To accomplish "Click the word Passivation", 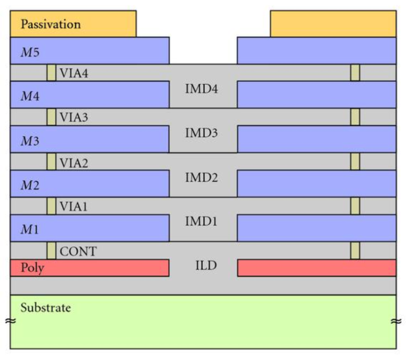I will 51,24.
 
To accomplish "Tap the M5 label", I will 29,51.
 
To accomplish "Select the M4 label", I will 29,95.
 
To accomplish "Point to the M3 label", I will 29,140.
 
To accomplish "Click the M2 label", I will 29,184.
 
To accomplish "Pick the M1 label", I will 29,229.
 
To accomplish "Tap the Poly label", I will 32,268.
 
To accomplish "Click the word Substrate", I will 45,308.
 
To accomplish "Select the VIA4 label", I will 75,73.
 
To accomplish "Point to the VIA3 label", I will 75,117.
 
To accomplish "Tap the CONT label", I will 78,251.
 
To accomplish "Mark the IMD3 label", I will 203,134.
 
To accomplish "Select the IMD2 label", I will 203,179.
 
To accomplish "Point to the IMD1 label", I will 203,223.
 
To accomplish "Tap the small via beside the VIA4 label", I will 51,73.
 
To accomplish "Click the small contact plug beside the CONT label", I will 51,250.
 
